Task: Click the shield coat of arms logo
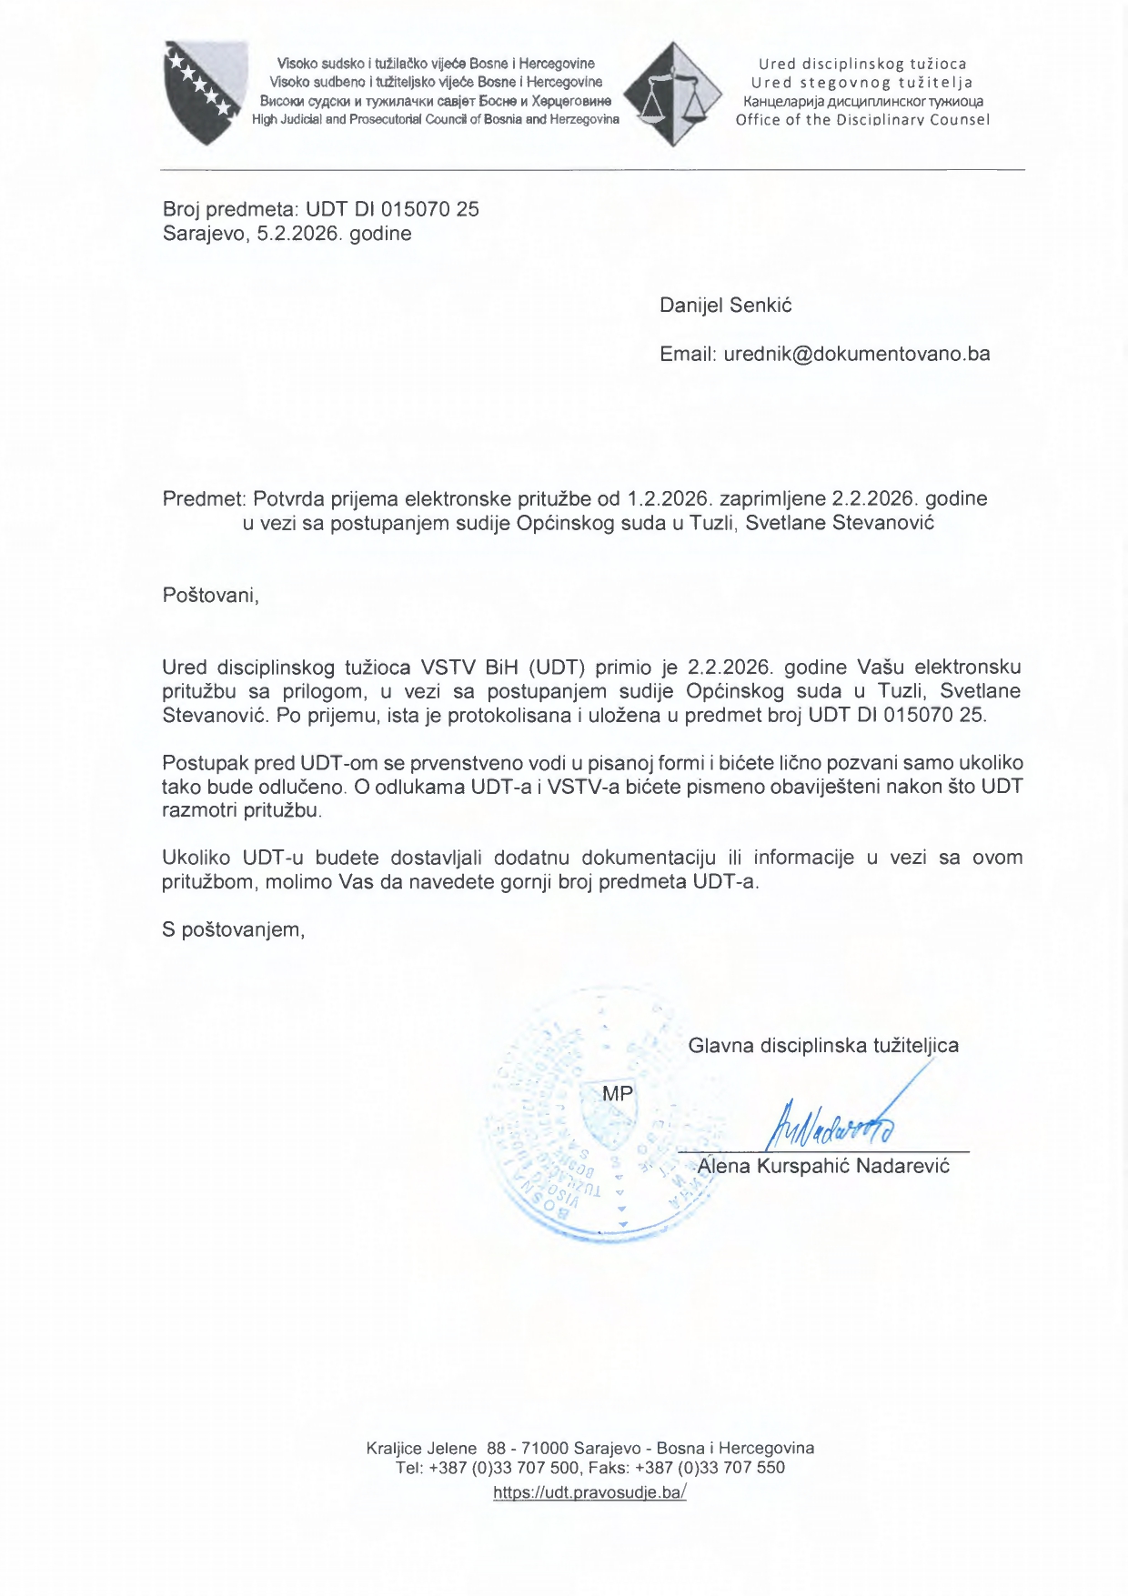pyautogui.click(x=206, y=91)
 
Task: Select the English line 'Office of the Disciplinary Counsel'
pyautogui.click(x=861, y=120)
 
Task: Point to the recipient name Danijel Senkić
pyautogui.click(x=725, y=306)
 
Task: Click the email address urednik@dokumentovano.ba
pyautogui.click(x=856, y=354)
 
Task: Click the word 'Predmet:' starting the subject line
pyautogui.click(x=205, y=498)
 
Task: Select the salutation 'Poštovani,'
pyautogui.click(x=210, y=596)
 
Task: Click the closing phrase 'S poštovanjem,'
pyautogui.click(x=233, y=929)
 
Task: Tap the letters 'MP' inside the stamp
pyautogui.click(x=618, y=1094)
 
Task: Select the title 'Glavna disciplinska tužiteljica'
pyautogui.click(x=822, y=1046)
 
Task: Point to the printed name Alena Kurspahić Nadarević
pyautogui.click(x=823, y=1166)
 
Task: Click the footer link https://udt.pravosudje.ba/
pyautogui.click(x=589, y=1492)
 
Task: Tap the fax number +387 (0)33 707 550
pyautogui.click(x=710, y=1467)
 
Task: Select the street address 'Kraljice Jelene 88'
pyautogui.click(x=436, y=1448)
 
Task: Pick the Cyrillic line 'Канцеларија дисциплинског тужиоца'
pyautogui.click(x=862, y=101)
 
